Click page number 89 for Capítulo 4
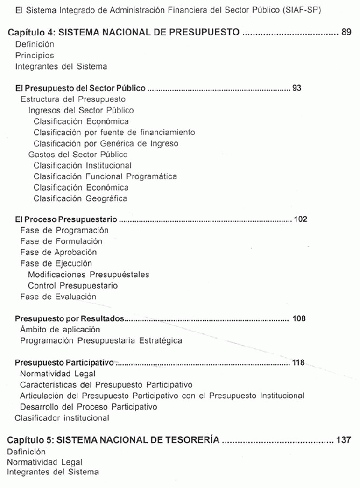click(x=346, y=32)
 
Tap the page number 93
click(x=296, y=88)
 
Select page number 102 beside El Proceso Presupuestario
click(x=301, y=219)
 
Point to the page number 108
click(x=298, y=318)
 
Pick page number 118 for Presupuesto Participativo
click(x=298, y=362)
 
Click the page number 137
click(x=343, y=439)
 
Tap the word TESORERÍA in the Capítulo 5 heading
click(x=188, y=439)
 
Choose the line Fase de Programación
click(x=64, y=230)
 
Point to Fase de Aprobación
click(x=58, y=252)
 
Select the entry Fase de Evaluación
click(x=58, y=296)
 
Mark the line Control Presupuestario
click(x=73, y=285)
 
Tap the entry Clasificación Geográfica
click(x=80, y=198)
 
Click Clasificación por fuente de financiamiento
click(x=114, y=132)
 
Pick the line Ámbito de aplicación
click(x=60, y=329)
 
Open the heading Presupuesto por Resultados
click(x=70, y=318)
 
